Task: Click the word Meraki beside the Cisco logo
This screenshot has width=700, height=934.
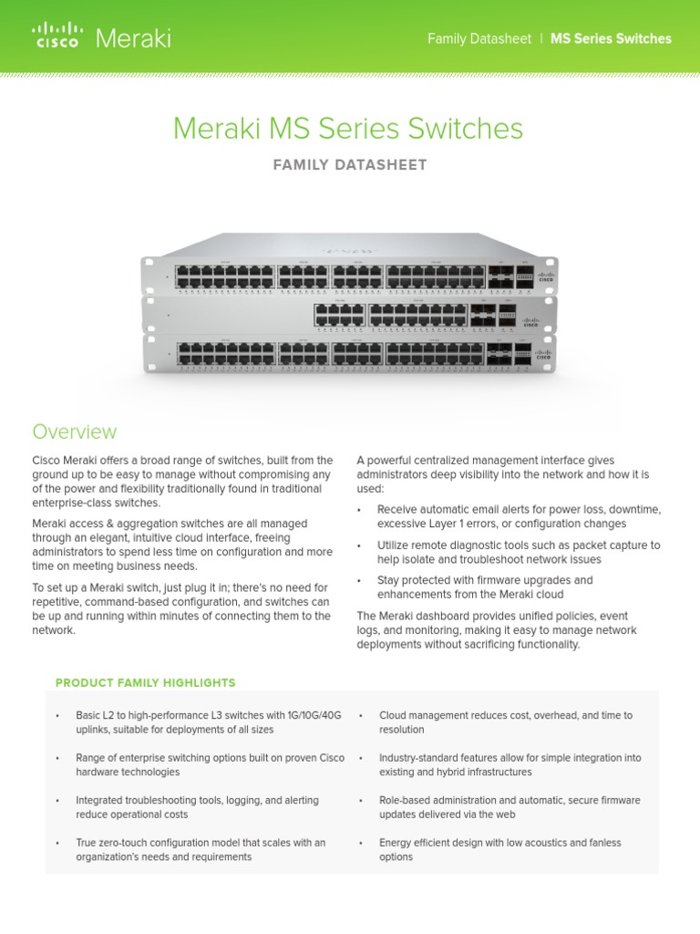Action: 133,38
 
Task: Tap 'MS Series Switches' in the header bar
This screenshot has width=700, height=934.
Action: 611,38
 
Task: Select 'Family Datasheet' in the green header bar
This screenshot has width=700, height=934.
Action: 479,38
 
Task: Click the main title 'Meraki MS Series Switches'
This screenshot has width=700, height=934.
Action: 348,129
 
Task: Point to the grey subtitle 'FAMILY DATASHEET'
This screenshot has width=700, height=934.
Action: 349,165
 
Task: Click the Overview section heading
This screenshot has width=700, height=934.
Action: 75,431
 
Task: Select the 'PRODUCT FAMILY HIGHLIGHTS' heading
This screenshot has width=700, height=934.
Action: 146,682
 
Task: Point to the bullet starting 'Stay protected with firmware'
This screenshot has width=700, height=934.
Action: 485,587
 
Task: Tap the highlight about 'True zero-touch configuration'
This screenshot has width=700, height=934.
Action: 201,850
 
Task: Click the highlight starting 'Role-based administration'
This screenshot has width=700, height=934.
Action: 510,807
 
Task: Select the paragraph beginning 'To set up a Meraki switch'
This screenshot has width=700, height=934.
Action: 181,608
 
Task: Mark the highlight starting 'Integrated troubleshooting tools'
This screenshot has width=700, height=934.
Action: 198,807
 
